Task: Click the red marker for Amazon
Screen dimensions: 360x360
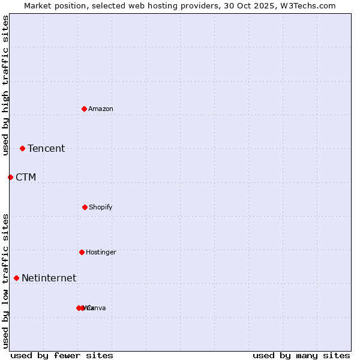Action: (85, 109)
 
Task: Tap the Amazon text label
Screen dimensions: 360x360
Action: (101, 109)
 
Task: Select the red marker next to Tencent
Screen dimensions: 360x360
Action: (23, 148)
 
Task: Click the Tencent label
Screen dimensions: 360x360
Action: (46, 148)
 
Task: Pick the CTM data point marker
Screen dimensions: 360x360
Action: (10, 177)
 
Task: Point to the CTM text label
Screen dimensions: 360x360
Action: (26, 177)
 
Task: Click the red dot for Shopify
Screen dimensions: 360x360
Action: (85, 207)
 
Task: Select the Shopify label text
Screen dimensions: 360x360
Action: (101, 207)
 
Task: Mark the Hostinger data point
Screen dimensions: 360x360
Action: (82, 252)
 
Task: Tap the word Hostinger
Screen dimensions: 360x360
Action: (101, 252)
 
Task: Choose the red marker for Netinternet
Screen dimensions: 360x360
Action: (16, 278)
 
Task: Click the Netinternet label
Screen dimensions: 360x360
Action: (49, 278)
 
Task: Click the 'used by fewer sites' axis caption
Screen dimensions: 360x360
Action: (62, 355)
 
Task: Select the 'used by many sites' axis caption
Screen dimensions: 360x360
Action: (301, 355)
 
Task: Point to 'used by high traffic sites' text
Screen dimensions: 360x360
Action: (5, 85)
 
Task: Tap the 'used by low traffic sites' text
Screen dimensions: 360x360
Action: (5, 281)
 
